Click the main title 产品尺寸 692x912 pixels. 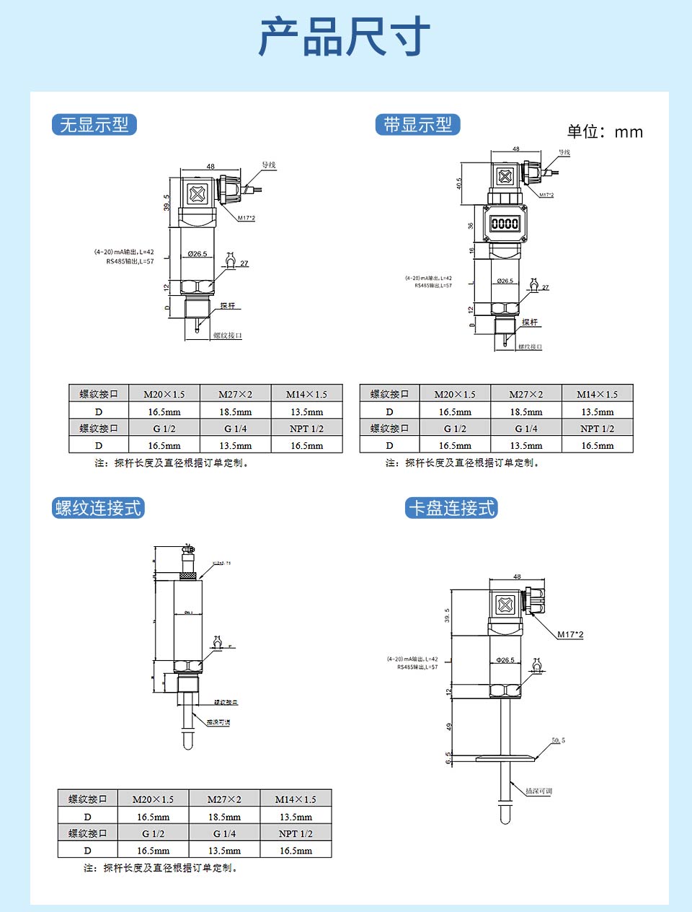[x=345, y=38]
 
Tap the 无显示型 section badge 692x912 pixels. [x=94, y=125]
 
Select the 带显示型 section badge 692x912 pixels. [x=417, y=125]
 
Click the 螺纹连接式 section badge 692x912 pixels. [x=98, y=508]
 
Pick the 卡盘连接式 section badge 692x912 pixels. [x=451, y=508]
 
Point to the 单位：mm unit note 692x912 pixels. [x=604, y=131]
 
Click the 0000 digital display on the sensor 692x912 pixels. [x=505, y=224]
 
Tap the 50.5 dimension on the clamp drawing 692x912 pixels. [x=558, y=740]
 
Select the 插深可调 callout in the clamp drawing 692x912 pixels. [x=538, y=792]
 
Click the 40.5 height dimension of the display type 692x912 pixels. [x=459, y=184]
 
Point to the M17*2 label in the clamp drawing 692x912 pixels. [x=570, y=635]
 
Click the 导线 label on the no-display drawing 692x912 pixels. [x=268, y=165]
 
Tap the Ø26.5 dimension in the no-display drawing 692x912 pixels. [x=197, y=254]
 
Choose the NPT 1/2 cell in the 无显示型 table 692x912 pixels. [x=306, y=429]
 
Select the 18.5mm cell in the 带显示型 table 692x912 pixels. [x=526, y=412]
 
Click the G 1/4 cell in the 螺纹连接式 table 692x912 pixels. [x=224, y=833]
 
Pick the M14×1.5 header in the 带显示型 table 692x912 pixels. [x=597, y=394]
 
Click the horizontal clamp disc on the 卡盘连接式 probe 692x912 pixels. [x=505, y=758]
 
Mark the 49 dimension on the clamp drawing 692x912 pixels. [x=448, y=727]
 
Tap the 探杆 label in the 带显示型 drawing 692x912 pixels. [x=530, y=322]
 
